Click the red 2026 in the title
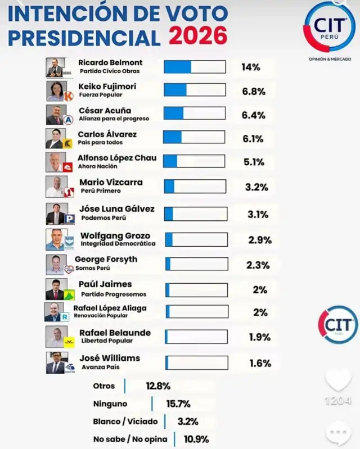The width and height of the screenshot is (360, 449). [198, 36]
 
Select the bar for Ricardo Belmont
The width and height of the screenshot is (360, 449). [195, 67]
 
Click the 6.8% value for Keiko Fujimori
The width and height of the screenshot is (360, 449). [254, 91]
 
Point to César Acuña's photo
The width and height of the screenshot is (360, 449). [55, 115]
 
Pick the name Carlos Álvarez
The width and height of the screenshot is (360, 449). [107, 134]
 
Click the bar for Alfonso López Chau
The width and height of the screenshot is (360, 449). [195, 161]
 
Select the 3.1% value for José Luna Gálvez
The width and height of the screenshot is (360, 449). [257, 214]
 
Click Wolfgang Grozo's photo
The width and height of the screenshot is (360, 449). [55, 239]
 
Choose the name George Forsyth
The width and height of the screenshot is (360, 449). [106, 260]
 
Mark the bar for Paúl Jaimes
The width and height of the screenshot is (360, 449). [196, 289]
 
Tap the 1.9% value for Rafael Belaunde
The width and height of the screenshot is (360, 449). [260, 337]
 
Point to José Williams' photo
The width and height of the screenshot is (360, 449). [55, 362]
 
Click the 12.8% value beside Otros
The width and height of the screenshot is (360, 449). [158, 386]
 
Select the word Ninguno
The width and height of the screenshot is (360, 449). [110, 403]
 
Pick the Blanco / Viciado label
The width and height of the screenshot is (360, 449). [125, 421]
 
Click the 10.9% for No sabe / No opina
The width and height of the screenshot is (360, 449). [196, 439]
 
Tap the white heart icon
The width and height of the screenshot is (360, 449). [337, 380]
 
